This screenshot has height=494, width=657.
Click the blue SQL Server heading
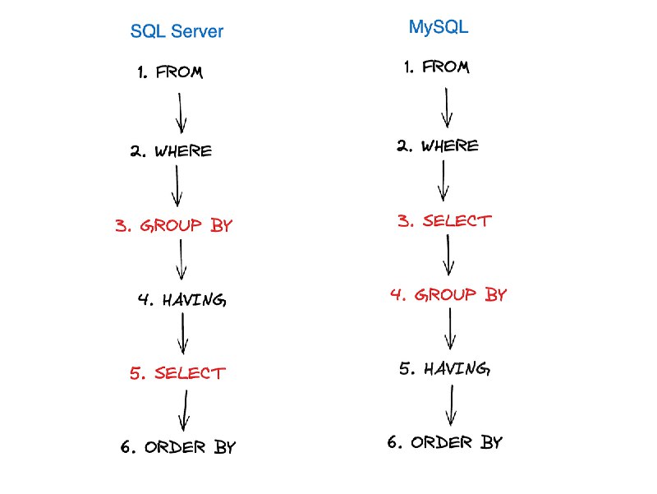pyautogui.click(x=177, y=31)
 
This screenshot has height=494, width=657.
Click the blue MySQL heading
pyautogui.click(x=439, y=27)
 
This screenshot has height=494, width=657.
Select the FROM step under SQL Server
pyautogui.click(x=170, y=72)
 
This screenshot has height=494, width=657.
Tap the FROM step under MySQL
pyautogui.click(x=437, y=67)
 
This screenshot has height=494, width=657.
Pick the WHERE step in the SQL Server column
pyautogui.click(x=171, y=151)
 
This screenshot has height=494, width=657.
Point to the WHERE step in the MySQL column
pyautogui.click(x=438, y=146)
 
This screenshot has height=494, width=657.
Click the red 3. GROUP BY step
pyautogui.click(x=173, y=225)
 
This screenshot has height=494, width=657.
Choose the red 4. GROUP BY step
pyautogui.click(x=448, y=294)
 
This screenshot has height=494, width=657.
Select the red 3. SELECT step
pyautogui.click(x=444, y=221)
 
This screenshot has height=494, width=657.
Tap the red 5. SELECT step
pyautogui.click(x=177, y=373)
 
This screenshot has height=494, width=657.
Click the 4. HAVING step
pyautogui.click(x=182, y=300)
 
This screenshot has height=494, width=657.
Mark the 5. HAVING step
pyautogui.click(x=444, y=368)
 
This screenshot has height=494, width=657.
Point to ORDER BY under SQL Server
pyautogui.click(x=178, y=447)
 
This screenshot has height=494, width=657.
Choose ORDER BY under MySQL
pyautogui.click(x=444, y=442)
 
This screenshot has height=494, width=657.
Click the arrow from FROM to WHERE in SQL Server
pyautogui.click(x=180, y=113)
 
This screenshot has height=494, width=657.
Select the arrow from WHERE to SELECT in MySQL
pyautogui.click(x=443, y=181)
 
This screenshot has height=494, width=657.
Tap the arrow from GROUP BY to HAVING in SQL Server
pyautogui.click(x=181, y=260)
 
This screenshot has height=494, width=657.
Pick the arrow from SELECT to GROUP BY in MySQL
pyautogui.click(x=448, y=255)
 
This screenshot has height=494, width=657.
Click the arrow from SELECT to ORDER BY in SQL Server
pyautogui.click(x=185, y=410)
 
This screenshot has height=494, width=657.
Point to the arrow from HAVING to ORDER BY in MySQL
pyautogui.click(x=451, y=405)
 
